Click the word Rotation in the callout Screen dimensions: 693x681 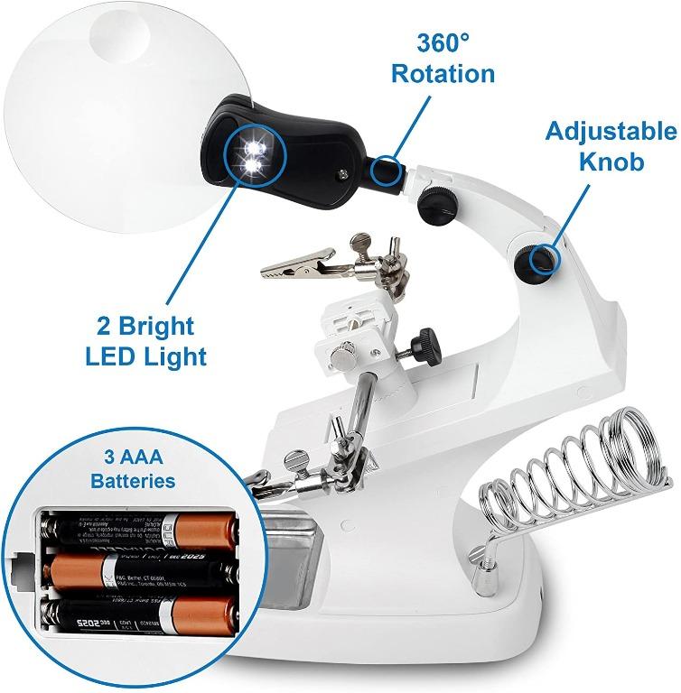click(x=443, y=72)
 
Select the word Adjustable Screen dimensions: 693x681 click(x=611, y=132)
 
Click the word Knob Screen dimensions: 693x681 click(x=611, y=162)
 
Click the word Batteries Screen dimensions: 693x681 click(x=133, y=479)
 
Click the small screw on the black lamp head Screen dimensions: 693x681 click(x=343, y=177)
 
